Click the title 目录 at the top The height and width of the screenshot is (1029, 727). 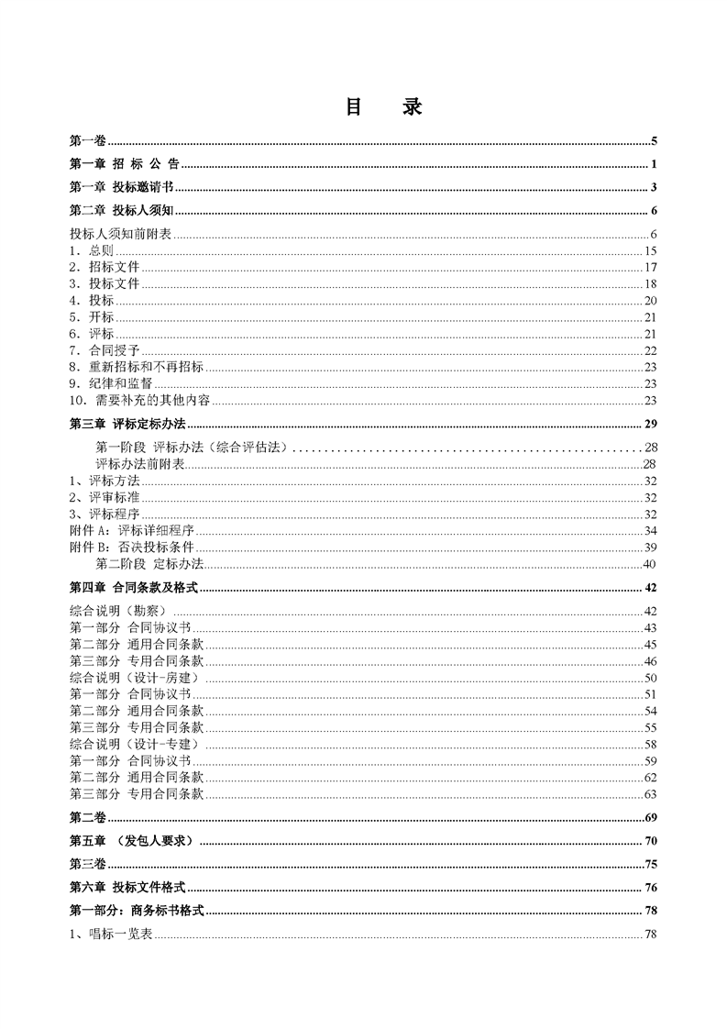383,106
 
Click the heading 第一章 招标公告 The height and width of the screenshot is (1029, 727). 124,164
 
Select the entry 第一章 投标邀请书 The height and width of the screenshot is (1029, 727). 122,187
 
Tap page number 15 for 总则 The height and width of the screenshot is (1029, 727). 651,250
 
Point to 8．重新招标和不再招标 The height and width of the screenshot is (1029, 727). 136,367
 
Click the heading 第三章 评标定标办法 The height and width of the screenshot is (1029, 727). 128,424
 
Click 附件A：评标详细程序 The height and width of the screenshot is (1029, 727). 133,531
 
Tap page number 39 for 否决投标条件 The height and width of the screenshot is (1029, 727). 651,548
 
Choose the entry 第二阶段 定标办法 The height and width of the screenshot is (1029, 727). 149,563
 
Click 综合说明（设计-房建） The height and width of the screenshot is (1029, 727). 134,677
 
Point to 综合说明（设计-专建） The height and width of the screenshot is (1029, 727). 134,744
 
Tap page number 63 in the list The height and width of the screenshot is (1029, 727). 651,793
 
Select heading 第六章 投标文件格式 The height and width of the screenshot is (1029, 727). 128,888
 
